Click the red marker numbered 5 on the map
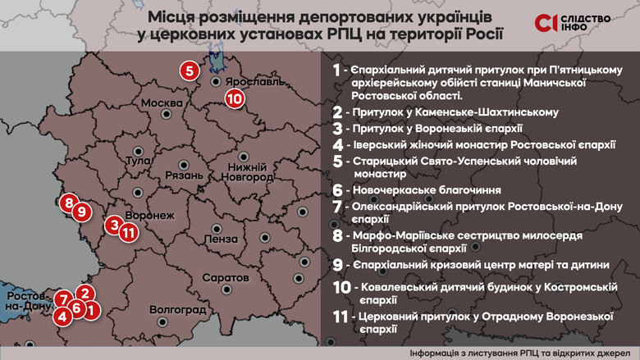(x=190, y=71)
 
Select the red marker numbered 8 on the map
(x=68, y=203)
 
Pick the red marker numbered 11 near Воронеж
(x=127, y=232)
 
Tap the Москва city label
(x=161, y=103)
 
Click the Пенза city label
(x=217, y=239)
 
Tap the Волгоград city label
(x=177, y=310)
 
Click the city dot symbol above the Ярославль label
(x=215, y=82)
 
